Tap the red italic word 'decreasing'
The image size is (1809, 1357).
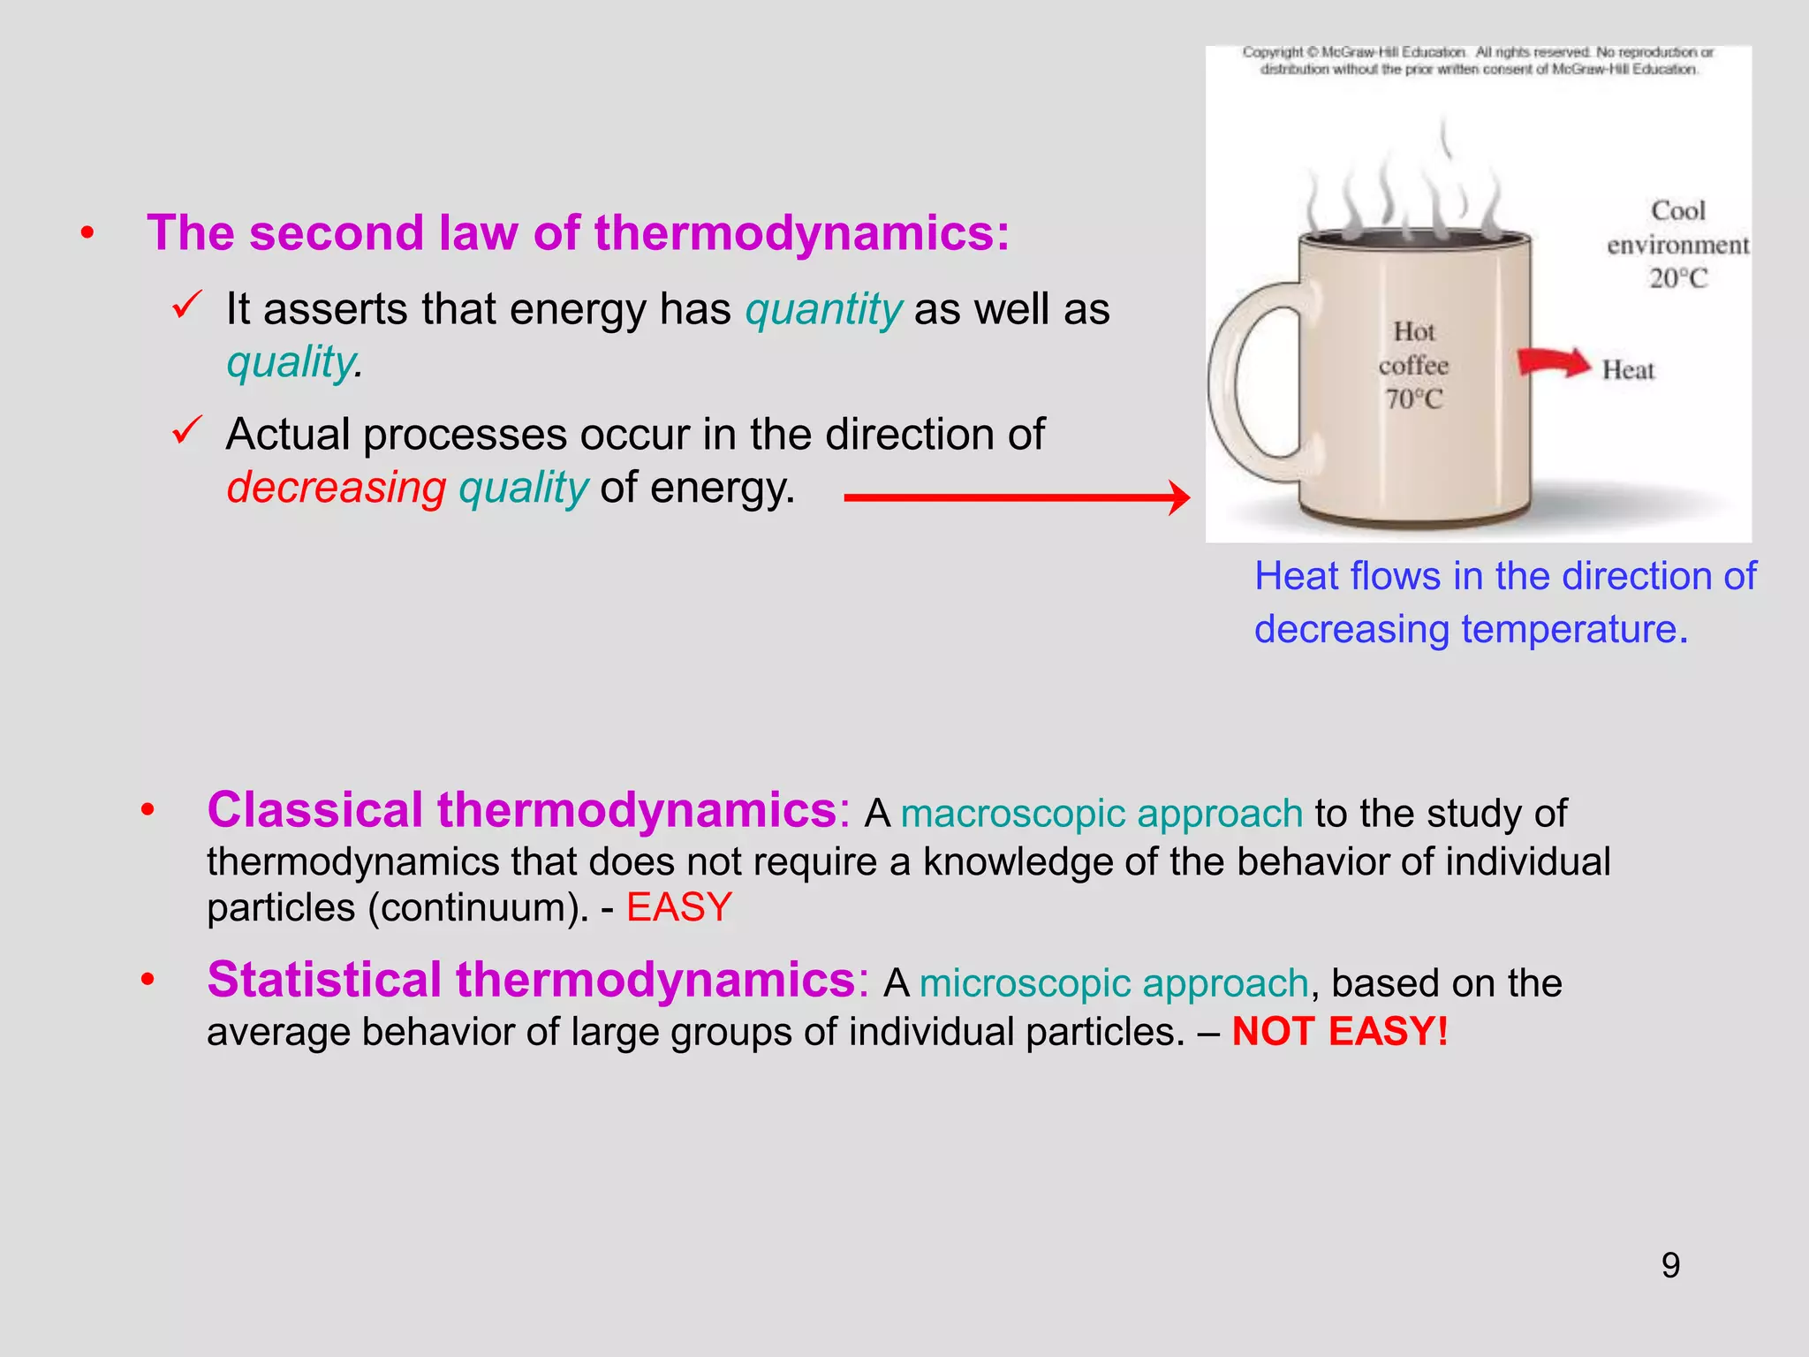(337, 488)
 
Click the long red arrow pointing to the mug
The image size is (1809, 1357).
(1016, 497)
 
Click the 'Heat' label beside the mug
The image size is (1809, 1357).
(1628, 370)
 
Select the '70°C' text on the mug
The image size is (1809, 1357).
(1413, 400)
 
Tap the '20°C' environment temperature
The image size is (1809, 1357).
(1678, 279)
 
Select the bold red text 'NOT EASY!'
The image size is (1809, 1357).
(1340, 1032)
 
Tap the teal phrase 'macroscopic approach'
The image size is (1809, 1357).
(1101, 814)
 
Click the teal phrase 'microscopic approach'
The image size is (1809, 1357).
(1113, 983)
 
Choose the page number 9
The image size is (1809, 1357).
(1670, 1265)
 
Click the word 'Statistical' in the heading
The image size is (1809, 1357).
(324, 981)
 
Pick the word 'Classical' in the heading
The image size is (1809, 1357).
(315, 810)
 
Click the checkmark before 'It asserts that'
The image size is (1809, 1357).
(187, 306)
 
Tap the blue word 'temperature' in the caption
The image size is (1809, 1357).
(1569, 630)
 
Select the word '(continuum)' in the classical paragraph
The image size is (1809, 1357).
(478, 908)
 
